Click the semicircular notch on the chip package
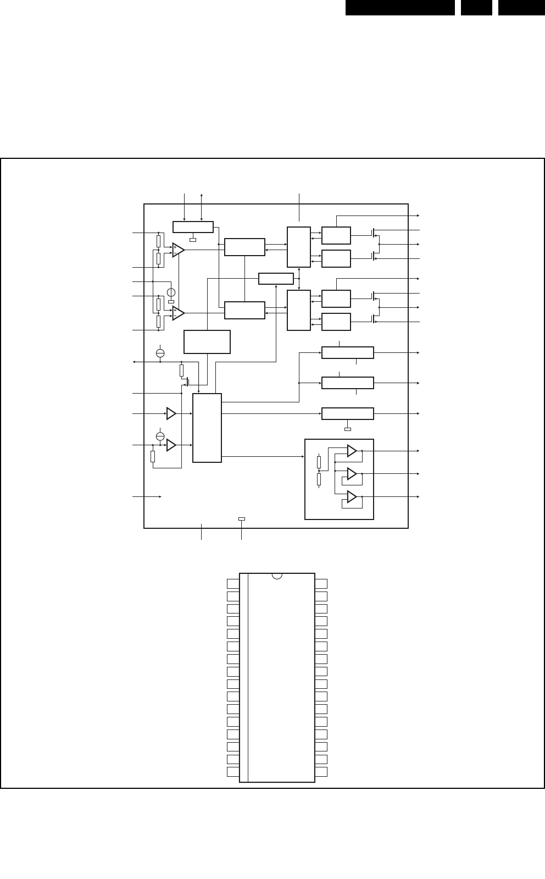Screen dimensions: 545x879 (x=277, y=576)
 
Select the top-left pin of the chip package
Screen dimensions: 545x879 (x=233, y=584)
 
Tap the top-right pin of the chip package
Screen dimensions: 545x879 (x=321, y=584)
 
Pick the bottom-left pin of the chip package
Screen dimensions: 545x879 (x=233, y=772)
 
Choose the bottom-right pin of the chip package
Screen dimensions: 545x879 (x=321, y=772)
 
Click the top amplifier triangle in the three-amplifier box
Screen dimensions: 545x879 (x=352, y=451)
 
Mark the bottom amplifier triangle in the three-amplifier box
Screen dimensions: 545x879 (x=352, y=497)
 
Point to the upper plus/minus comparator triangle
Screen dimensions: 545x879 (x=178, y=250)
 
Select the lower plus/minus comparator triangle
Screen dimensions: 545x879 (x=178, y=313)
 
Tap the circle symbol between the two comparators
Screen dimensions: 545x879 (x=171, y=292)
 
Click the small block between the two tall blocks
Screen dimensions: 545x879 (x=276, y=279)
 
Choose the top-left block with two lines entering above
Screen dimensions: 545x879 (x=193, y=227)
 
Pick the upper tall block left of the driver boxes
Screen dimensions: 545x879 (x=299, y=247)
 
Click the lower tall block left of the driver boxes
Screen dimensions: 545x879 (x=299, y=310)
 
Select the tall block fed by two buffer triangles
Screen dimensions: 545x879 (x=207, y=428)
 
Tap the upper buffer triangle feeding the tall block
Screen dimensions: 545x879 (x=171, y=413)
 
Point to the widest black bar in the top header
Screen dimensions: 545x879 (x=400, y=7)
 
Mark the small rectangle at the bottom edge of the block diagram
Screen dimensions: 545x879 (x=242, y=518)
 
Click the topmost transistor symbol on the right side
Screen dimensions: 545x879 (x=375, y=234)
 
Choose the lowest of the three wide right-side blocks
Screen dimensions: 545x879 (x=347, y=413)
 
